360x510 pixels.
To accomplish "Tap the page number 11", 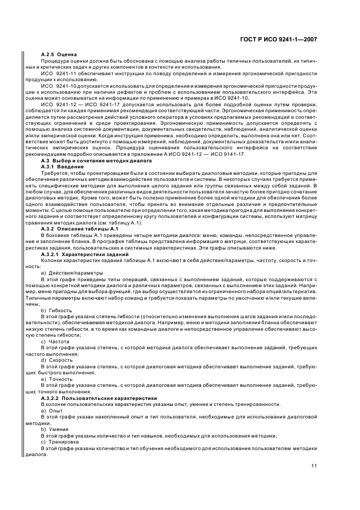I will [x=314, y=465].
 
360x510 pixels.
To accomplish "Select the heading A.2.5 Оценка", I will [x=59, y=54].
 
